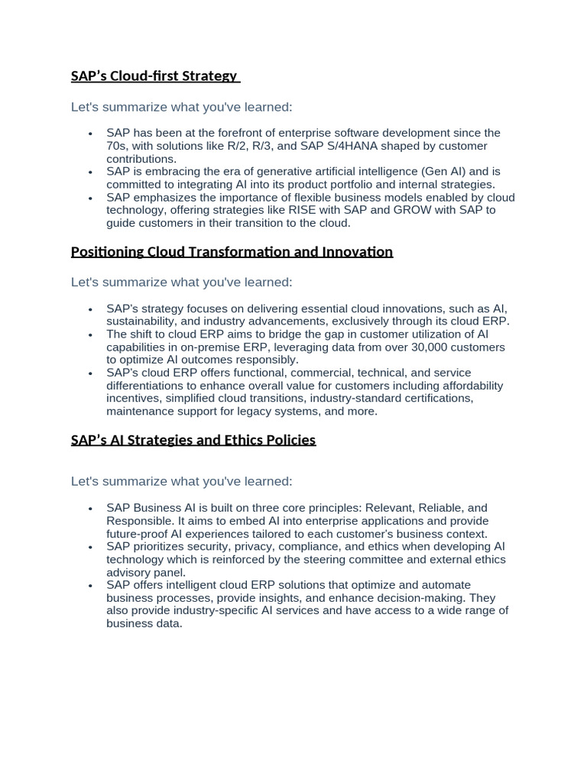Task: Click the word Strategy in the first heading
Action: pos(211,76)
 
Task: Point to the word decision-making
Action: pos(419,597)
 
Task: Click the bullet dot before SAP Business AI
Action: pos(90,509)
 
